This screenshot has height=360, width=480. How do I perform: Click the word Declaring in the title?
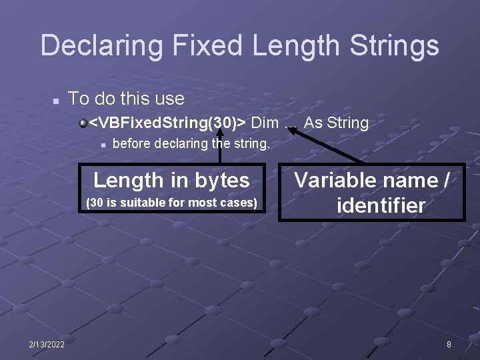(x=101, y=46)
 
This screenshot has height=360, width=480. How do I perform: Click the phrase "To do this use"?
(x=126, y=99)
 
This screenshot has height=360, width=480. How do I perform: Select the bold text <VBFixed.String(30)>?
(x=167, y=123)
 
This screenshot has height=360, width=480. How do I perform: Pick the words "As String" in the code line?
(x=336, y=123)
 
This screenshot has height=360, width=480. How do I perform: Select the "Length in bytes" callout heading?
(x=171, y=180)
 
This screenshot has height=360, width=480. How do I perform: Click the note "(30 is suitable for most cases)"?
(x=172, y=202)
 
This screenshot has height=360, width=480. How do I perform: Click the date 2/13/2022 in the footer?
(x=47, y=344)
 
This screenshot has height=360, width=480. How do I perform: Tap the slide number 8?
(x=449, y=344)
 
